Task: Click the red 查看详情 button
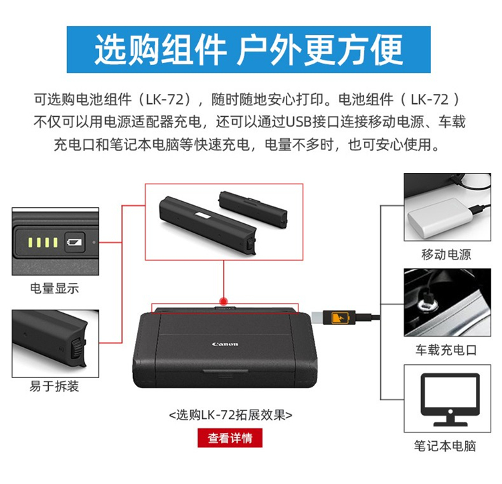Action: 230,438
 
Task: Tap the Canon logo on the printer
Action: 225,344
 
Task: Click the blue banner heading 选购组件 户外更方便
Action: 249,50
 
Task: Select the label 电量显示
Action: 54,288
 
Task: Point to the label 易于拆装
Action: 54,386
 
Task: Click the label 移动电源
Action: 446,255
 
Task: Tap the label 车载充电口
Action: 446,350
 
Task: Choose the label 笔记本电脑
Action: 445,446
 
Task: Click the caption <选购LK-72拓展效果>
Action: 230,415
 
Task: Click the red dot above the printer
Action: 224,302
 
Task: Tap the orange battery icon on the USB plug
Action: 339,318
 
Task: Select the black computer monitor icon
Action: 450,399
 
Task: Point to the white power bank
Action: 440,217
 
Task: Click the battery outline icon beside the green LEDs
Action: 74,242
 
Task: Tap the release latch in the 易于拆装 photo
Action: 77,349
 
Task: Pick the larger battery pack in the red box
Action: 207,225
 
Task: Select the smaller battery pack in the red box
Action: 253,209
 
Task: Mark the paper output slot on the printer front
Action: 226,371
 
